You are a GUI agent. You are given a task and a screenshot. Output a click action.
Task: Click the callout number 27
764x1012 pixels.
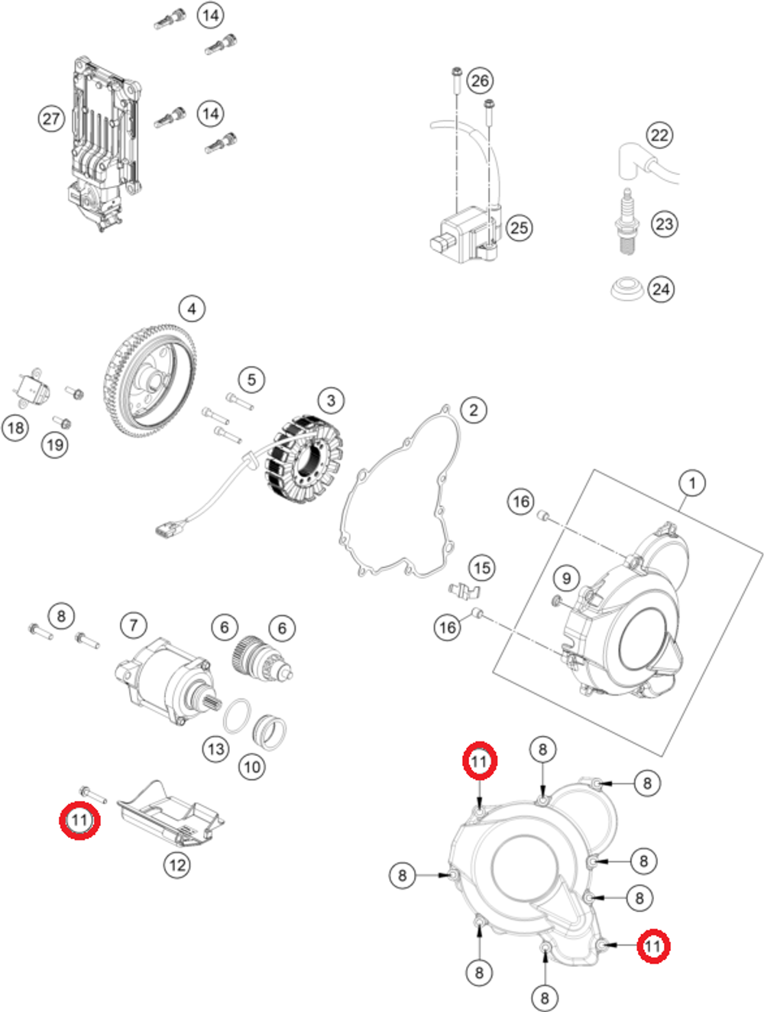coord(51,118)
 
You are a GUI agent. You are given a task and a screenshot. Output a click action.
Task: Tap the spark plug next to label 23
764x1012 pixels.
coord(627,222)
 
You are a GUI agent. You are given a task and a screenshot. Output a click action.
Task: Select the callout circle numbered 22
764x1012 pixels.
coord(659,136)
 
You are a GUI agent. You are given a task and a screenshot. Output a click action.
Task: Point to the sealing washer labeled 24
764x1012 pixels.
coord(626,290)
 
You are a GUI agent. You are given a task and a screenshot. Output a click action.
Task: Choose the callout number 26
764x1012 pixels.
coord(479,81)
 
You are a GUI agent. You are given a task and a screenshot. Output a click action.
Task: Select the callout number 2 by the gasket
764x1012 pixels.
coord(474,410)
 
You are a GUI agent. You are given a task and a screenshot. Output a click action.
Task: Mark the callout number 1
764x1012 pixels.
coord(692,483)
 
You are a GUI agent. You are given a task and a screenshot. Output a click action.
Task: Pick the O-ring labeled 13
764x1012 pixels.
coord(238,716)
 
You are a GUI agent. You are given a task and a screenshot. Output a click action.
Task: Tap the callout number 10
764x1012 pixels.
coord(252,766)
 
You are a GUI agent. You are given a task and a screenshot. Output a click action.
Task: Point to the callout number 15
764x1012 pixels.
coord(481,568)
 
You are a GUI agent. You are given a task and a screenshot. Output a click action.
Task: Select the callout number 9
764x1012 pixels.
coord(566,579)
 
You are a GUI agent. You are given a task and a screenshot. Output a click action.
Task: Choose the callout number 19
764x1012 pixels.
coord(54,445)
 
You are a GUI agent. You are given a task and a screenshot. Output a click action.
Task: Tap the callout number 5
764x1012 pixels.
coord(251,380)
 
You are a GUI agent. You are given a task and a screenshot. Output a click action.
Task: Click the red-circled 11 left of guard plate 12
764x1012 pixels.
coord(80,820)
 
